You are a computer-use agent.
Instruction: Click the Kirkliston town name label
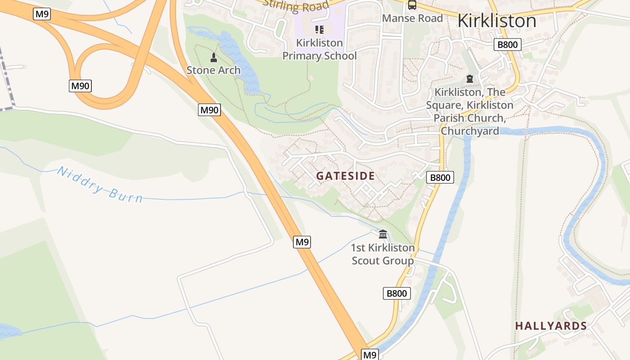497,21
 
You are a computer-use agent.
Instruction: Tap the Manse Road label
412,18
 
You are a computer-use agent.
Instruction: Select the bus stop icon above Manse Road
412,5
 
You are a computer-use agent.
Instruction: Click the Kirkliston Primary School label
319,49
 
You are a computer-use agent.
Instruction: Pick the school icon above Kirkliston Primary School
319,30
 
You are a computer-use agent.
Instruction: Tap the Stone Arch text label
213,70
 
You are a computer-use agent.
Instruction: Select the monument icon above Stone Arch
214,58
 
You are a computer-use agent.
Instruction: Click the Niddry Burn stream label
100,185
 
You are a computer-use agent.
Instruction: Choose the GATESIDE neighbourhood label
345,176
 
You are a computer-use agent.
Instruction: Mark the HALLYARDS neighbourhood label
551,326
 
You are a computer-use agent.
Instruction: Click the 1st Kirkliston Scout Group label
382,254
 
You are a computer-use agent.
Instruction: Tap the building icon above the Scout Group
383,234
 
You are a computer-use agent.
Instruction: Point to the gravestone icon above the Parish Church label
470,79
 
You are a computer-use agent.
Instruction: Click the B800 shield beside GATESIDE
440,177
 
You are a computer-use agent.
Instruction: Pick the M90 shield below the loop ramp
80,86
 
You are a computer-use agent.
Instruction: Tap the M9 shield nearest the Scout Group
302,242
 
